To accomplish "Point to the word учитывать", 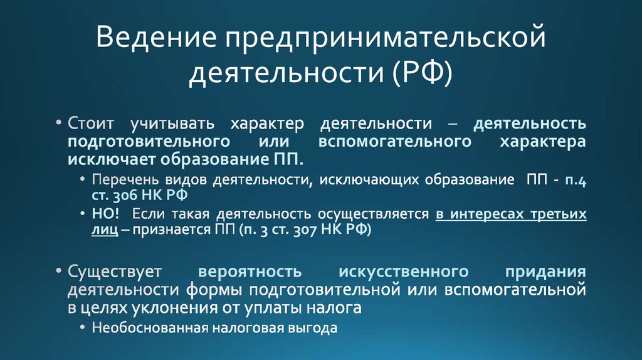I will click(164, 124).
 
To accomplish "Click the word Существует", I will click(115, 273).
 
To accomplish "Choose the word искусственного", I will click(403, 273).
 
